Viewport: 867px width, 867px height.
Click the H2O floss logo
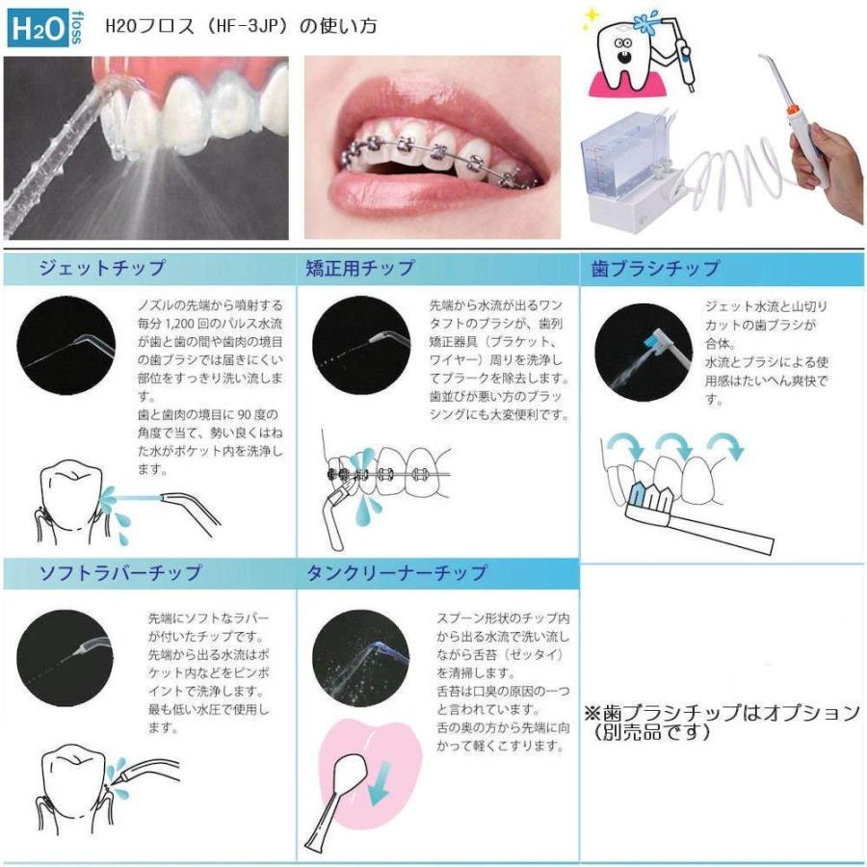coord(45,28)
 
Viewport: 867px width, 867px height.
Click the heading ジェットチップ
coord(102,268)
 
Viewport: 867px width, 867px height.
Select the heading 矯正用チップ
coord(360,268)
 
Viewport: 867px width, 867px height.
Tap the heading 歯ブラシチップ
coord(655,268)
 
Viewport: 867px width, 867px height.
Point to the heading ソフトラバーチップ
coord(120,572)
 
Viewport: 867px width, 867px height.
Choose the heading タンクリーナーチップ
coord(397,572)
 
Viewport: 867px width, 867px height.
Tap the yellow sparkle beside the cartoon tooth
coord(591,16)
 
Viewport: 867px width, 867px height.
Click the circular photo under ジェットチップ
coord(66,346)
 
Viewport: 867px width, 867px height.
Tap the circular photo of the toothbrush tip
coord(644,353)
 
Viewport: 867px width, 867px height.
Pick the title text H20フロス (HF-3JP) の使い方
coord(241,26)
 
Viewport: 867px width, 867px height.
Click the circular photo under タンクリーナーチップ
coord(360,658)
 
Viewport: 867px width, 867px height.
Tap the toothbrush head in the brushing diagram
coord(652,499)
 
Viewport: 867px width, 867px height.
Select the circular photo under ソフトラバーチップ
coord(65,658)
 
